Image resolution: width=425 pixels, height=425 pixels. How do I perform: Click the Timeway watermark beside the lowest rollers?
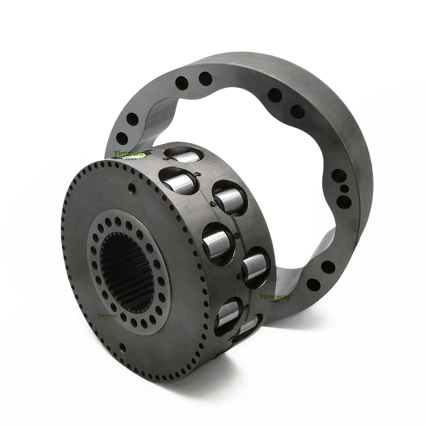tap(275, 297)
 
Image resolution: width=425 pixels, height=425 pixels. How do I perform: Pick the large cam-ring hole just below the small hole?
tap(344, 201)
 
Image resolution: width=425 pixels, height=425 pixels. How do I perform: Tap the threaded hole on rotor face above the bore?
tap(132, 188)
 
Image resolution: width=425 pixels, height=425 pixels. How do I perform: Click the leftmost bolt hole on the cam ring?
tap(122, 138)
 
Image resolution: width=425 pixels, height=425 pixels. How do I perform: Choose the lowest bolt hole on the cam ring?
tap(313, 284)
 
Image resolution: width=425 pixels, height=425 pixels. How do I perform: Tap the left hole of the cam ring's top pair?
tap(182, 82)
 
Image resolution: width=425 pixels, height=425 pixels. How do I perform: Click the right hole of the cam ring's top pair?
tap(205, 79)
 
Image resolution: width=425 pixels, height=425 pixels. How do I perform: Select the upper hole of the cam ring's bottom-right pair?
tap(328, 267)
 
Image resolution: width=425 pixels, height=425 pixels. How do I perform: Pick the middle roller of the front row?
tap(217, 245)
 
